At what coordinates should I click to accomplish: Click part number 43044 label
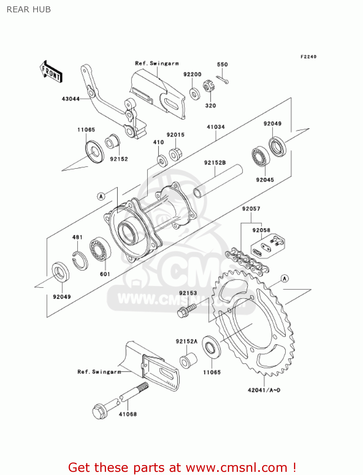click(71, 99)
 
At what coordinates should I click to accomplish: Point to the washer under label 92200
click(195, 94)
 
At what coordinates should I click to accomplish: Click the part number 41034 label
click(216, 127)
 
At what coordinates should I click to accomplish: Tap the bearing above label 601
click(100, 249)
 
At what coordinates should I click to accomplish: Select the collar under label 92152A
click(188, 360)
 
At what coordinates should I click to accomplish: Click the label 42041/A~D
click(264, 390)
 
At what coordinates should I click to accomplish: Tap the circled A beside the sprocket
click(285, 278)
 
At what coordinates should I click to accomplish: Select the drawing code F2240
click(308, 57)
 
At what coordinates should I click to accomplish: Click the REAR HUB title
click(29, 9)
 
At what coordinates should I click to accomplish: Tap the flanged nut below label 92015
click(175, 154)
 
